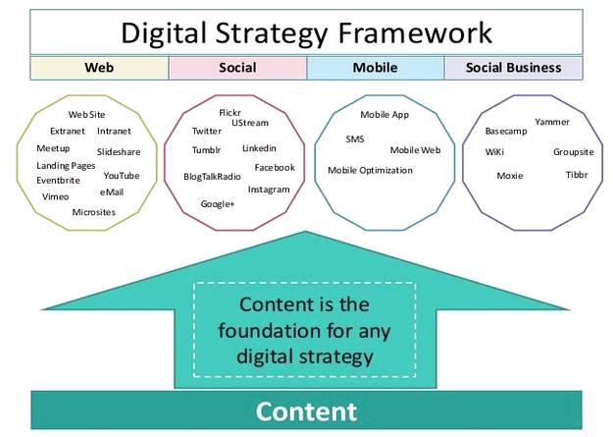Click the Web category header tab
pyautogui.click(x=99, y=68)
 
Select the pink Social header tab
pyautogui.click(x=237, y=68)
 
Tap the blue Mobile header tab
pyautogui.click(x=375, y=68)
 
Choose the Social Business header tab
pyautogui.click(x=513, y=68)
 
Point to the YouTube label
pyautogui.click(x=122, y=176)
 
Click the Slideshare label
pyautogui.click(x=119, y=152)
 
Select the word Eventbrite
pyautogui.click(x=58, y=181)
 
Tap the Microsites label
pyautogui.click(x=93, y=211)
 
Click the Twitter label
pyautogui.click(x=207, y=131)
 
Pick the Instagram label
pyautogui.click(x=269, y=189)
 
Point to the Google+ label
pyautogui.click(x=217, y=204)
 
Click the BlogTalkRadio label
pyautogui.click(x=212, y=177)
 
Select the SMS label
pyautogui.click(x=355, y=139)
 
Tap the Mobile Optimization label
pyautogui.click(x=370, y=170)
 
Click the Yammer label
pyautogui.click(x=551, y=122)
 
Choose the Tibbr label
pyautogui.click(x=576, y=175)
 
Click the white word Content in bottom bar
pyautogui.click(x=306, y=410)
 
